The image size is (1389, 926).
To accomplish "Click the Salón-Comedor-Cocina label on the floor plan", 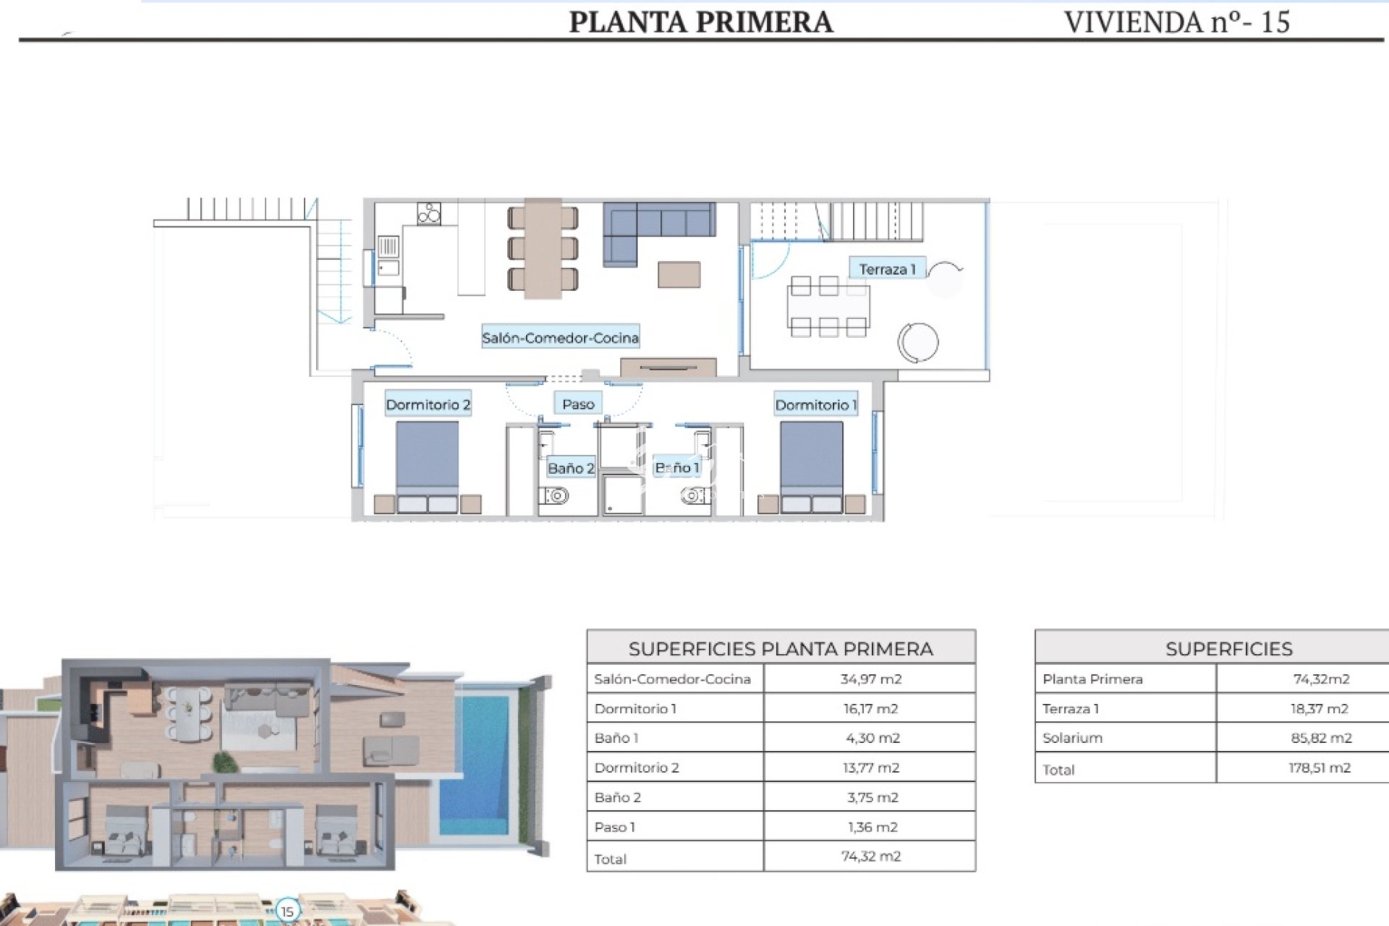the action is (x=560, y=337).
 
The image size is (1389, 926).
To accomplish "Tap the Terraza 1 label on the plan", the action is (x=887, y=269).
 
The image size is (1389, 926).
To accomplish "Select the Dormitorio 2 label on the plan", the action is (x=428, y=404).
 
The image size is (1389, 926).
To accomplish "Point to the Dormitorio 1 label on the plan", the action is (x=815, y=404).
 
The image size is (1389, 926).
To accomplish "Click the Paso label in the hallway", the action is (x=578, y=404).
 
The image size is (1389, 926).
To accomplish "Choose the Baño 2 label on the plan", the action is (x=571, y=468).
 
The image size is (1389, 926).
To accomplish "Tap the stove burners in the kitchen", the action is (x=428, y=213).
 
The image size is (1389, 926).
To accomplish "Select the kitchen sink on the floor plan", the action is (x=388, y=255).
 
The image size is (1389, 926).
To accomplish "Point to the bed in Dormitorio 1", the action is (x=811, y=467).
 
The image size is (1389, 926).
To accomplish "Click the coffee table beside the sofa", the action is (x=679, y=275).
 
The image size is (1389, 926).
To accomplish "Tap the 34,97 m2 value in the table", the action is (x=870, y=679).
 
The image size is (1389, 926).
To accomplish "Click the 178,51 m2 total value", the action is (x=1320, y=768).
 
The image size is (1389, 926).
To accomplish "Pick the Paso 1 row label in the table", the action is (x=615, y=827).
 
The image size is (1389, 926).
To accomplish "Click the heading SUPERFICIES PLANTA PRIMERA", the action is (x=781, y=648).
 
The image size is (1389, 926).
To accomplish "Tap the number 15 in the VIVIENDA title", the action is (x=1275, y=22).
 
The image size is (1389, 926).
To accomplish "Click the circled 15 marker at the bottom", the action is (x=288, y=911).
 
